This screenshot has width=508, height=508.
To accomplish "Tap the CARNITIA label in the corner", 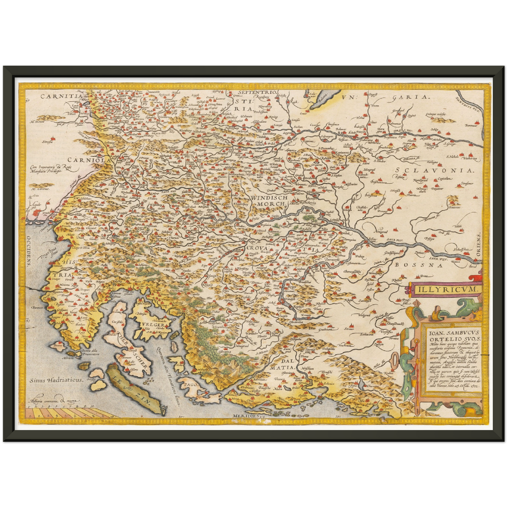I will [61, 96].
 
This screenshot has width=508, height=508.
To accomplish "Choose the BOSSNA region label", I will [417, 265].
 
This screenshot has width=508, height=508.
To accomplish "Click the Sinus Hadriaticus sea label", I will [56, 380].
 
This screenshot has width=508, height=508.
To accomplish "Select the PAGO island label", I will [190, 385].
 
